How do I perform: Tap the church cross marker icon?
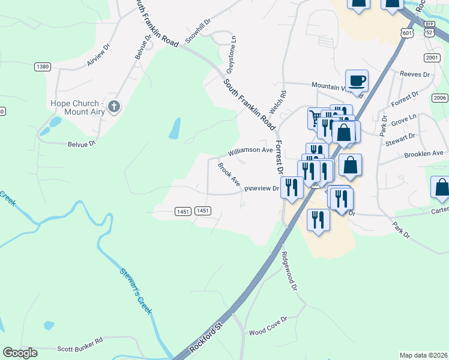click(114, 107)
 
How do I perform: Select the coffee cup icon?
click(357, 80)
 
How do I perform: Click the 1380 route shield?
click(43, 67)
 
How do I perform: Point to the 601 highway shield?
click(407, 34)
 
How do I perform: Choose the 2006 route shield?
click(440, 98)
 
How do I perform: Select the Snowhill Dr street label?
click(198, 31)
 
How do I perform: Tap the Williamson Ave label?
click(250, 150)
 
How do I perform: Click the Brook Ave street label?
click(229, 174)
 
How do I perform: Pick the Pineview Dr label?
click(262, 188)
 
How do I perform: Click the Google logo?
click(20, 353)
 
